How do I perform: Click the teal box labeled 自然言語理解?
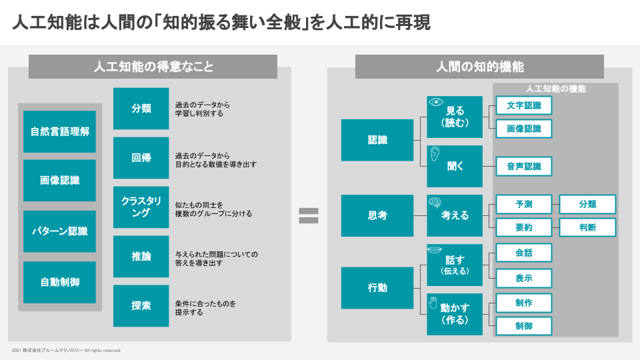click(59, 131)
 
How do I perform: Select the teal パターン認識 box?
click(59, 231)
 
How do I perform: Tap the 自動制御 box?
click(59, 282)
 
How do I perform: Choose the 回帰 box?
click(141, 157)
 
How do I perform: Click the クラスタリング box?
click(141, 207)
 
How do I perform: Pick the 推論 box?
click(141, 256)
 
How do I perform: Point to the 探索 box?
click(141, 306)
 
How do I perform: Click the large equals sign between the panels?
click(309, 215)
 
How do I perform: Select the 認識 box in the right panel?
click(377, 140)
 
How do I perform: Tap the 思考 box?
click(377, 215)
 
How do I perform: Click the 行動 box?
click(377, 288)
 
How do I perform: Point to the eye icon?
click(436, 102)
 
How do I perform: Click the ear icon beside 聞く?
click(435, 154)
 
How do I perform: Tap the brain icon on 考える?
click(435, 203)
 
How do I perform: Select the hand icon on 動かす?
click(433, 303)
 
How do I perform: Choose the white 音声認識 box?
click(524, 166)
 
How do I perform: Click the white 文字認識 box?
click(524, 105)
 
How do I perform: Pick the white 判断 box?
click(587, 227)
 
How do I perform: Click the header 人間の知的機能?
click(479, 67)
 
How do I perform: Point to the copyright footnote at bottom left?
click(66, 350)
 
